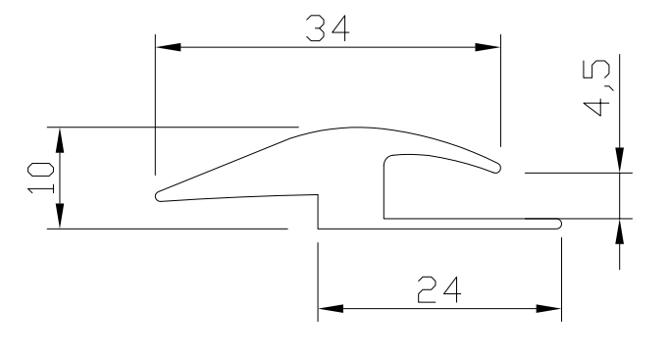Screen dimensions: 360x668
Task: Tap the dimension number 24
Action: [x=439, y=290]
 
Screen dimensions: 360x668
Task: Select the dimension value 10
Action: [x=40, y=178]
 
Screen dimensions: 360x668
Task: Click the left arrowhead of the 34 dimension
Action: [x=167, y=45]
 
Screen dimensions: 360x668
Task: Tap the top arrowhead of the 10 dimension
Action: [x=61, y=136]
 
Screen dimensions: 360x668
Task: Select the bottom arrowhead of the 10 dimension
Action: [x=61, y=219]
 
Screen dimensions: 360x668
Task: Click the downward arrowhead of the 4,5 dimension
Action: [x=619, y=162]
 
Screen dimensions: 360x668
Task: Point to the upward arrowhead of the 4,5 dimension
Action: [x=619, y=230]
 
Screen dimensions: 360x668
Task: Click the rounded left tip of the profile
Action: [x=159, y=196]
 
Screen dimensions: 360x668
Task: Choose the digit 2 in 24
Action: [x=426, y=290]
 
